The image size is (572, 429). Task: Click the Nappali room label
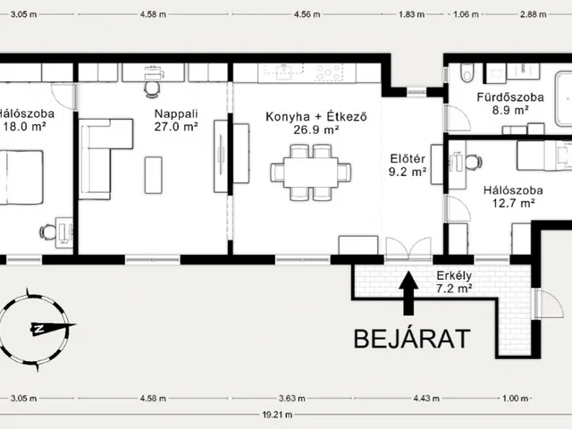pos(176,114)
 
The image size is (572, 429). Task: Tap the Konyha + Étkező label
pos(316,116)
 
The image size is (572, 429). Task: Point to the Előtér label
pos(408,159)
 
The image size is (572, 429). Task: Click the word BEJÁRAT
pos(412,339)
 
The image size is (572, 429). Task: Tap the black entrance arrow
pos(408,293)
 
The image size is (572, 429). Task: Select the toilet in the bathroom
pos(467,72)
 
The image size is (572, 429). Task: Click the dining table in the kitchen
pos(311,172)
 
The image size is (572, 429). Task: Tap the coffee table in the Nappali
pos(154,175)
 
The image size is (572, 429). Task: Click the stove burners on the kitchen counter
pos(330,72)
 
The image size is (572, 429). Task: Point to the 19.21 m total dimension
pos(277,415)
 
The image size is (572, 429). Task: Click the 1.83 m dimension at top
pos(411,14)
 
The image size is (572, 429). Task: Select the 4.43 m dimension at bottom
pos(426,398)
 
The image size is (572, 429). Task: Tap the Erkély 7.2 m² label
pos(454,282)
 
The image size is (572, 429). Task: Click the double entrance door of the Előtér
pos(408,248)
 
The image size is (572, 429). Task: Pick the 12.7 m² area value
pos(514,203)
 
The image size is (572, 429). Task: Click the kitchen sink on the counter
pos(283,71)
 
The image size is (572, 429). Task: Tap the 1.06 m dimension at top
pos(466,14)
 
